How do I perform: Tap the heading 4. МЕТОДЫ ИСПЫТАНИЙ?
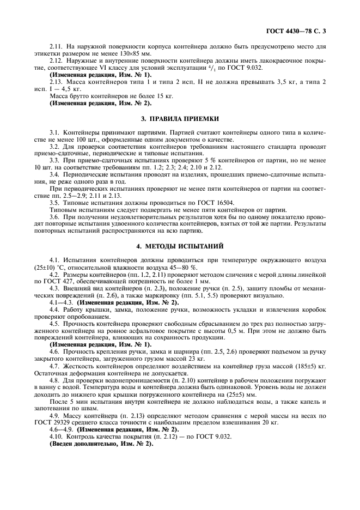coord(179,246)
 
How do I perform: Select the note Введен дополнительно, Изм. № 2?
coord(101,444)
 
